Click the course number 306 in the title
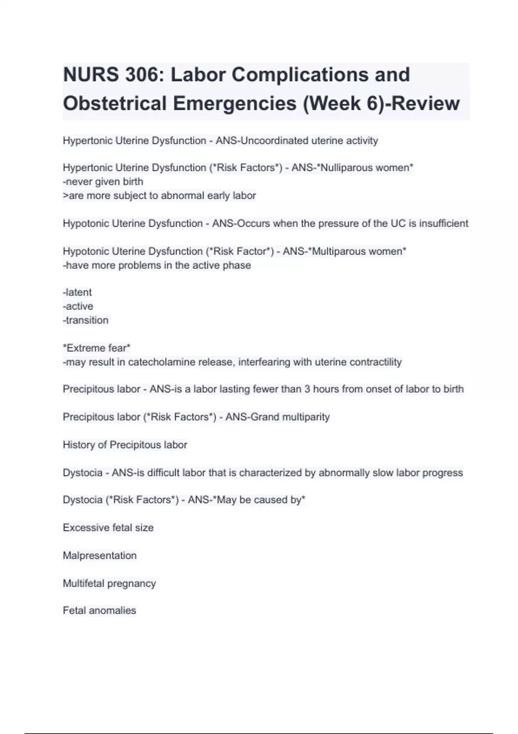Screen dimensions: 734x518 (142, 75)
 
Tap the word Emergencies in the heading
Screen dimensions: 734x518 (235, 103)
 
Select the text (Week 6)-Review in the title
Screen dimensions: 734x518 (382, 103)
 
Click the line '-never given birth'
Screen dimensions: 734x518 (103, 181)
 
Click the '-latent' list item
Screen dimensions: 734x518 (78, 292)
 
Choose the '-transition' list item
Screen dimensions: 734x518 (86, 320)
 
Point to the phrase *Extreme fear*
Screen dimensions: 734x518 (97, 348)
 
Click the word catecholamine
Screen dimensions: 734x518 (161, 362)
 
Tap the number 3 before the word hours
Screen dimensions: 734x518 (307, 389)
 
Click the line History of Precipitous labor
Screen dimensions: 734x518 (125, 445)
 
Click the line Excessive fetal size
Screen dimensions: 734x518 (108, 528)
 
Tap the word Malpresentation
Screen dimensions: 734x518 (100, 555)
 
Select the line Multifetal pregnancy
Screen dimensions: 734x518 (109, 583)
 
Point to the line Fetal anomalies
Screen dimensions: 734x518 (100, 611)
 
